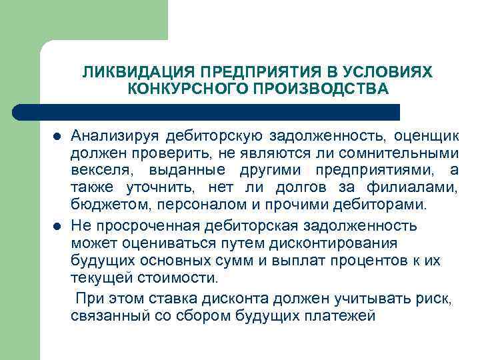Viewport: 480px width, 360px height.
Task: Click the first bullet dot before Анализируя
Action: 57,137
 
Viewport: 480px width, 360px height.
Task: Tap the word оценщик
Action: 425,137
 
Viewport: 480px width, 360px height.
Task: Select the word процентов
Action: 349,259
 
